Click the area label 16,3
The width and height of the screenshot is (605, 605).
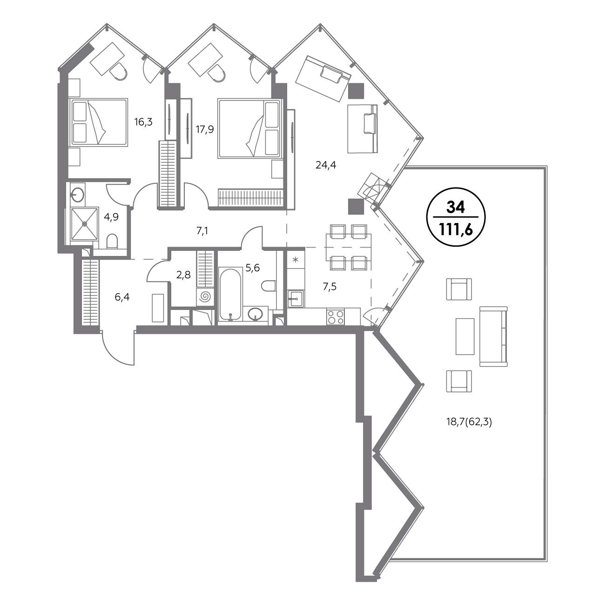(143, 122)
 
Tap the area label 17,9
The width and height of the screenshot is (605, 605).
(205, 129)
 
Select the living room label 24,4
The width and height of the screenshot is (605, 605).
(326, 165)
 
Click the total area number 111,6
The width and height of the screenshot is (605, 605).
(456, 230)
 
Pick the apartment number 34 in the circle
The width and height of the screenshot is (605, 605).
(456, 208)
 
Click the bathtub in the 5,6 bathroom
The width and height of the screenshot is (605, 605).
(230, 294)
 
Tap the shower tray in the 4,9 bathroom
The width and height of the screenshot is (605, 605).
(85, 224)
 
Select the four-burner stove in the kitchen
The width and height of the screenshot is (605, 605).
(335, 317)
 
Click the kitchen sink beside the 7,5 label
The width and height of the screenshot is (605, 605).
(296, 299)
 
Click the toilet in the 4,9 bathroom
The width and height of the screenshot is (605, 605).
(112, 242)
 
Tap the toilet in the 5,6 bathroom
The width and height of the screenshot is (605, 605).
(268, 286)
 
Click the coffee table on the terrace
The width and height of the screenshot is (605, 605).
(464, 336)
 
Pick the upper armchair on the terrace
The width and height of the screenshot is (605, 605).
(459, 289)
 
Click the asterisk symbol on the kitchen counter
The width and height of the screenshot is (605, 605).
(296, 260)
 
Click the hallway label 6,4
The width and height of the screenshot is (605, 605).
(122, 297)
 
